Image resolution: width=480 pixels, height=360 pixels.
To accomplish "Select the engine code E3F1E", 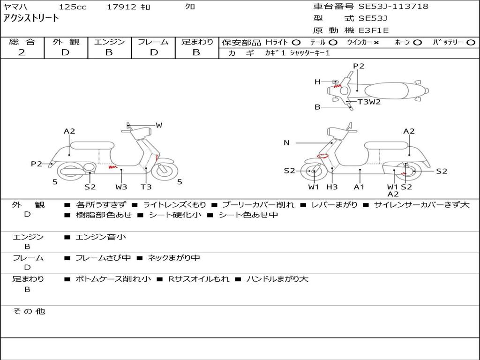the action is (x=374, y=30).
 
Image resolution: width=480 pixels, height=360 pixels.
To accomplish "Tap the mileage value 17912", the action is (x=121, y=7).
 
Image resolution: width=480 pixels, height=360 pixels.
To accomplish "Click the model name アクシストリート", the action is (x=31, y=18).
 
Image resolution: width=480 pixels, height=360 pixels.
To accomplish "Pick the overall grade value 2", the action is (x=22, y=52).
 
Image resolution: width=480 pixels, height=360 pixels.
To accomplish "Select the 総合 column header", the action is (x=22, y=42).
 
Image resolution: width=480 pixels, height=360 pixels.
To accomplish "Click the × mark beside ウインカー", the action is (x=376, y=43).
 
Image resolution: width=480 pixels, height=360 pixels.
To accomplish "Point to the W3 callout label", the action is (x=121, y=187).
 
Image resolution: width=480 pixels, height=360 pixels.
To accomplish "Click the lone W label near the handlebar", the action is (x=159, y=125).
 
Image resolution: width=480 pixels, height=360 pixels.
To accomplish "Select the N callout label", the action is (x=286, y=143).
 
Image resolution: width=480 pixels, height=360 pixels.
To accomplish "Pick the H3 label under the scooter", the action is (x=332, y=187).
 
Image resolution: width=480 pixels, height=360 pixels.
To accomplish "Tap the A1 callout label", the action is (x=359, y=187).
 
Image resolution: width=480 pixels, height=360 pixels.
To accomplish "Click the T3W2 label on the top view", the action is (x=369, y=102).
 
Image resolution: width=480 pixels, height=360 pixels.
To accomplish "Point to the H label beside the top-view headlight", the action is (x=317, y=82).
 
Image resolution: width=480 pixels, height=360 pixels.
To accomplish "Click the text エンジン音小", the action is (x=101, y=237).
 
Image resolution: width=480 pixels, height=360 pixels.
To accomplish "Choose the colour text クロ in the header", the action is (x=190, y=7).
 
